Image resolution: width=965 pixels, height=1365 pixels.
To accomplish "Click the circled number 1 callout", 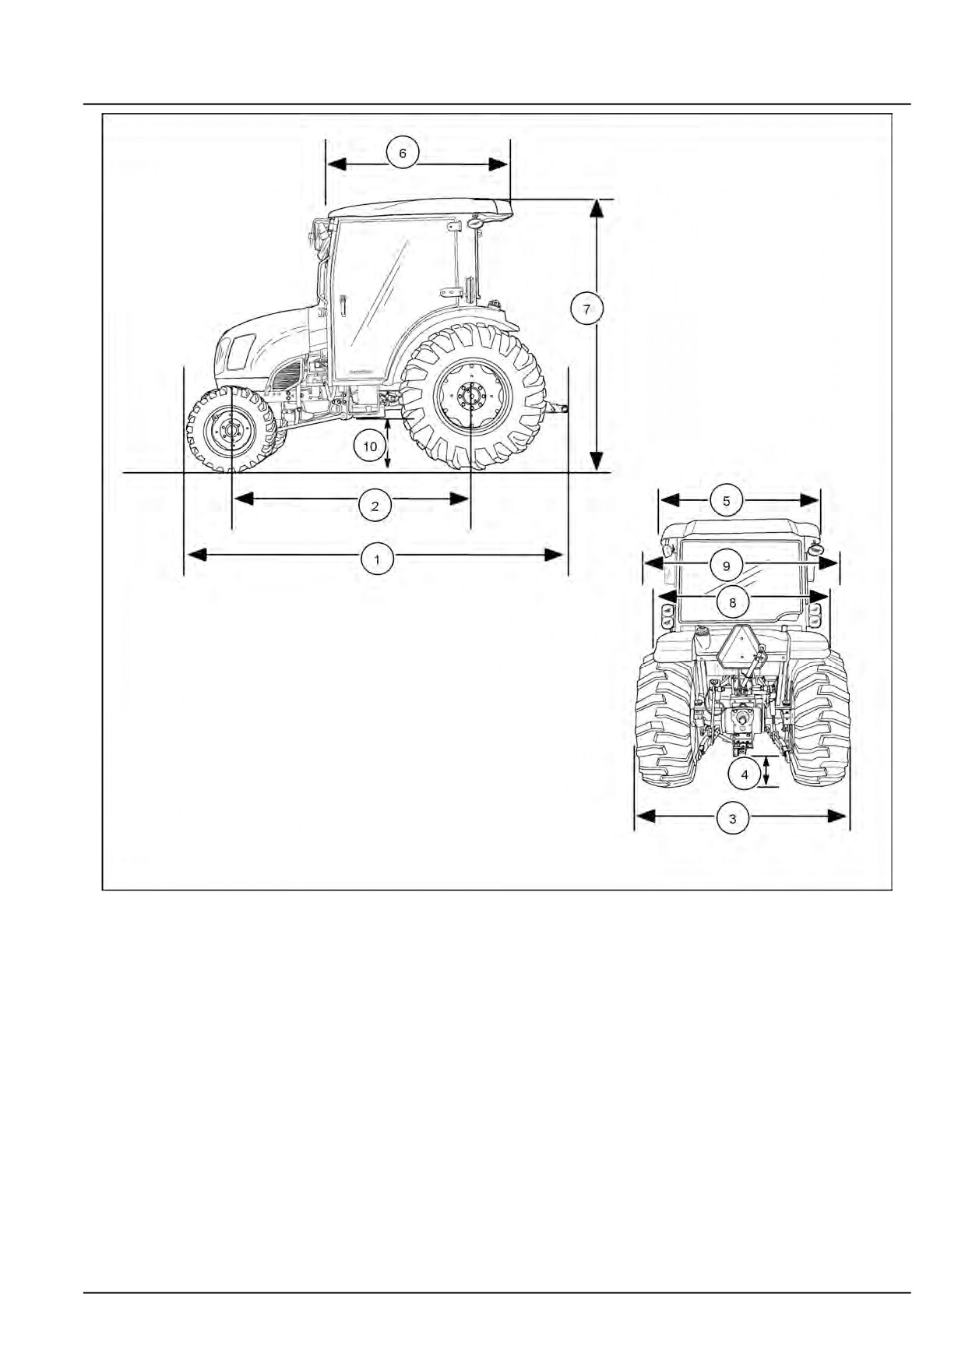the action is tap(378, 559).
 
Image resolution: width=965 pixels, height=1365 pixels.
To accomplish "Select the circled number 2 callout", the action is tap(375, 506).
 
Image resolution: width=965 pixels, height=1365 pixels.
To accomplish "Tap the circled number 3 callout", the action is tap(732, 818).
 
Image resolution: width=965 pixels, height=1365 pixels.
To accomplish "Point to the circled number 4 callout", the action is tap(745, 774).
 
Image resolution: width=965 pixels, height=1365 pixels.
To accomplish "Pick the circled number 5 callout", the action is tap(727, 500).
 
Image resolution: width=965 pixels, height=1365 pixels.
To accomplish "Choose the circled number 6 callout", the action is tap(403, 153).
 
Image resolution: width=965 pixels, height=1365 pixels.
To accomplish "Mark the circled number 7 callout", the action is tap(586, 309).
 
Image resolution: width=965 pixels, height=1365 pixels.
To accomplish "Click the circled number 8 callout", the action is tap(732, 602).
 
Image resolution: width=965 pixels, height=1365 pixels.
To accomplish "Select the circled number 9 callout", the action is tap(727, 566).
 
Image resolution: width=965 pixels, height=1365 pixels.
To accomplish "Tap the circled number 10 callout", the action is tap(370, 446).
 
